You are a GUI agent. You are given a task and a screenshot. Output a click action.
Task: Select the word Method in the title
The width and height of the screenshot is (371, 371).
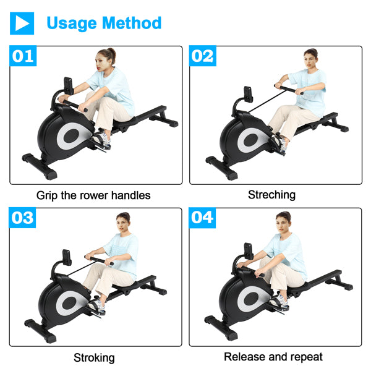(x=132, y=23)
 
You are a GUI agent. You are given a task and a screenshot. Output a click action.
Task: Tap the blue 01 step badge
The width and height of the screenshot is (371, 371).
(x=23, y=56)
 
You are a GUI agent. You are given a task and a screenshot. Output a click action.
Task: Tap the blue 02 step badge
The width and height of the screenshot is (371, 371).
(x=202, y=56)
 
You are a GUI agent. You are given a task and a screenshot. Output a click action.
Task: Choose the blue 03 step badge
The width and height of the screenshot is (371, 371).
(x=23, y=218)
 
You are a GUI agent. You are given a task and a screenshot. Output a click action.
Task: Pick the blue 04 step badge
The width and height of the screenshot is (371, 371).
(x=202, y=218)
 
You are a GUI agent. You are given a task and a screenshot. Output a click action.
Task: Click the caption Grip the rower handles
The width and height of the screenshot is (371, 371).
(x=93, y=195)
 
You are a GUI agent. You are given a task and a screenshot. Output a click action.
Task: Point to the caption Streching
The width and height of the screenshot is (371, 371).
(x=271, y=195)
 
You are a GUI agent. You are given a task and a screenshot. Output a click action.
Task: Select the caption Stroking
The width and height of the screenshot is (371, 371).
(x=94, y=357)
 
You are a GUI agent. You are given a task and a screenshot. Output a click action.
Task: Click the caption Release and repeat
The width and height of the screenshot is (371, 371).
(x=273, y=357)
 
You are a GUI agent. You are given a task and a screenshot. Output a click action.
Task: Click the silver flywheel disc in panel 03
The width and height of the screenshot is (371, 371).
(x=70, y=302)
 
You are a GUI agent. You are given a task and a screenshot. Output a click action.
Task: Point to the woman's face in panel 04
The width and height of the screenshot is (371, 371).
(x=282, y=223)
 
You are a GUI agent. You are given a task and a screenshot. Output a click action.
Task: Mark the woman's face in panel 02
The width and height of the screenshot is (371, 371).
(x=309, y=61)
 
